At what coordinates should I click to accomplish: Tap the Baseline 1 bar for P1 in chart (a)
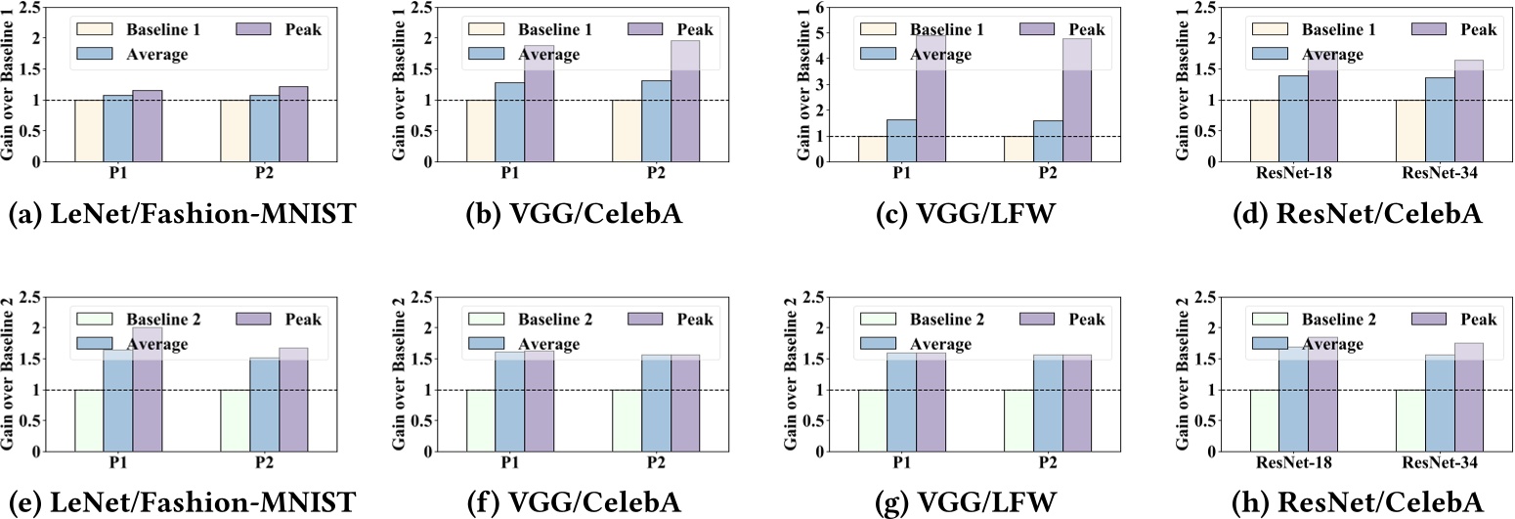point(89,130)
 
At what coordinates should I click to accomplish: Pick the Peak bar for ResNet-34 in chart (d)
point(1469,110)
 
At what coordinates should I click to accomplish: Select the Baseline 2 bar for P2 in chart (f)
point(627,420)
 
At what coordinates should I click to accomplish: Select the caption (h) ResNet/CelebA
point(1350,502)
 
